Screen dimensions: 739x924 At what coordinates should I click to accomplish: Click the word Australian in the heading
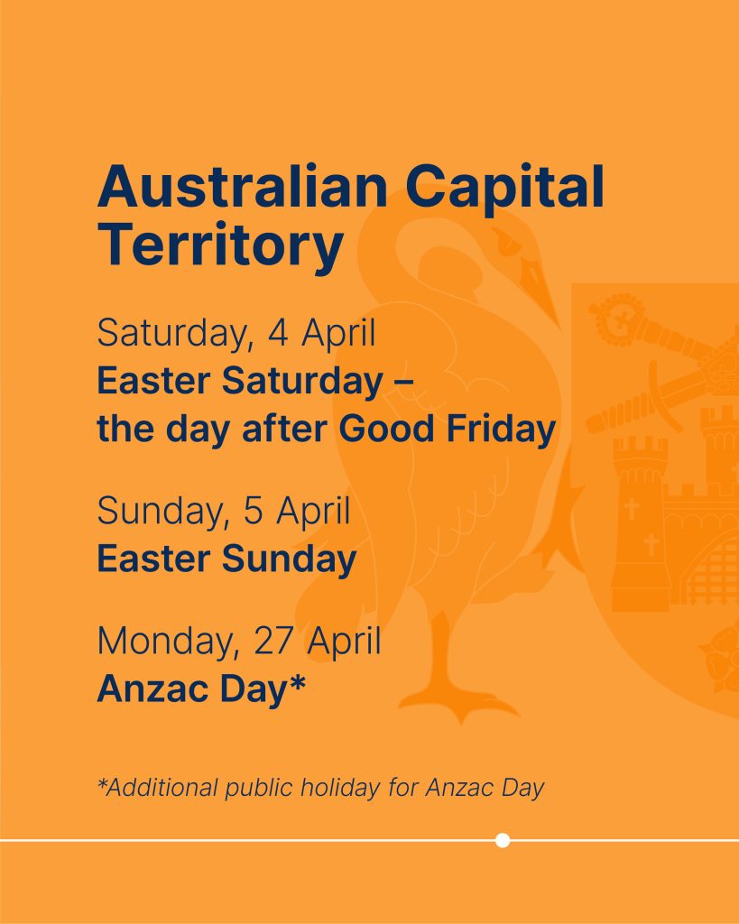(243, 187)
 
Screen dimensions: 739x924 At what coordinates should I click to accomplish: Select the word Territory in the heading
(220, 245)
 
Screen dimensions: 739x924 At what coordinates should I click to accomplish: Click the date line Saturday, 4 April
(236, 334)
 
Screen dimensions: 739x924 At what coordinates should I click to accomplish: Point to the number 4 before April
(278, 332)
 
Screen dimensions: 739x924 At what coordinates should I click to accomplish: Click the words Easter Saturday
(240, 382)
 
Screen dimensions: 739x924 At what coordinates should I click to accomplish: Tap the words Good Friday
(448, 428)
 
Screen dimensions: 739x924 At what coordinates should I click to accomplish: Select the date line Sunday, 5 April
(224, 512)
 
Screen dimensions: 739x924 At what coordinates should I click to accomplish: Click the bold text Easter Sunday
(226, 559)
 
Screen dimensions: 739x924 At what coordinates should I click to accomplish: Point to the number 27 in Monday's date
(273, 641)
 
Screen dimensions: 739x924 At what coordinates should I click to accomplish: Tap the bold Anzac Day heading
(201, 688)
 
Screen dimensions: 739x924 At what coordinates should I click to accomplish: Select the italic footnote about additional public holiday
(320, 788)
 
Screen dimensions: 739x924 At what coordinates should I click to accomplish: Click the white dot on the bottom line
(503, 840)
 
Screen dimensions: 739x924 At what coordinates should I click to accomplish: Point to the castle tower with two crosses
(640, 523)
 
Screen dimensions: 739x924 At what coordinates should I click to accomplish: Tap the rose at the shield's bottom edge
(720, 658)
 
